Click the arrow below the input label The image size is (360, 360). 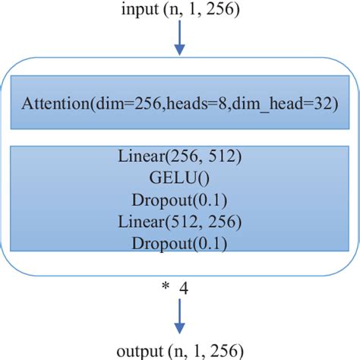click(x=180, y=39)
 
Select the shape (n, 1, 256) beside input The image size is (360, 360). click(x=204, y=10)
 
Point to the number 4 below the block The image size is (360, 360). click(x=183, y=288)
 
